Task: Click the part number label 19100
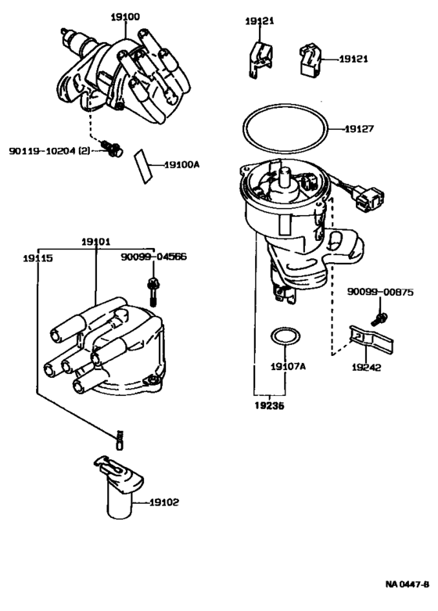pos(125,17)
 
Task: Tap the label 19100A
pos(181,165)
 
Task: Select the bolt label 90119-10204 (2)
pos(49,150)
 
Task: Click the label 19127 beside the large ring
pos(359,128)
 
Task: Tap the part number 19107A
pos(288,366)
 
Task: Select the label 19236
pos(269,406)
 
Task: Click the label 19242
pos(366,368)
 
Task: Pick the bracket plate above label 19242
pos(371,340)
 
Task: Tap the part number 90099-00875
pos(380,292)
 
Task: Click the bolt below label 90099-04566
pos(153,292)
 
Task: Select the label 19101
pos(96,242)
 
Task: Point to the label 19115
pos(38,258)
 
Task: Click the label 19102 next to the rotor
pos(164,503)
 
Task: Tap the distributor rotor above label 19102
pos(119,486)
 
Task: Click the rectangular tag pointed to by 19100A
pos(142,166)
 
